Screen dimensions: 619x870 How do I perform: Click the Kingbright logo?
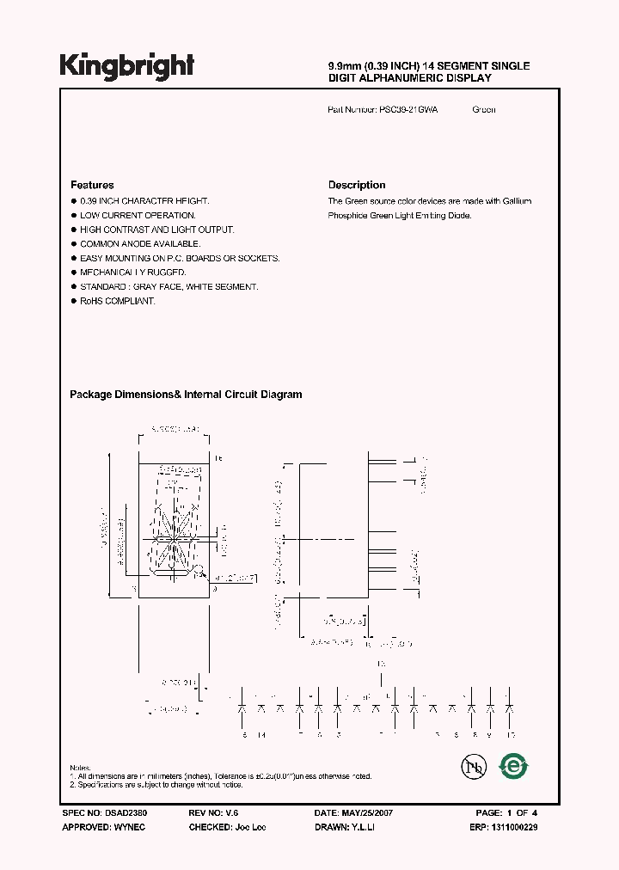coord(126,65)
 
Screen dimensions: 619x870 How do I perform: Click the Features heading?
coord(92,185)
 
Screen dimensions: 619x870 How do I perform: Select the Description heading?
coord(357,185)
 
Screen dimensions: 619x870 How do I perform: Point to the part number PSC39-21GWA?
coord(408,110)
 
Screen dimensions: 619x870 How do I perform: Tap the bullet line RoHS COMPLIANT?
coord(117,302)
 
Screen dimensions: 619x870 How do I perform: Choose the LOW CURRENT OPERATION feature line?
coord(138,215)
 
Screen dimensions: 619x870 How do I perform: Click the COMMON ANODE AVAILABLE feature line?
coord(143,244)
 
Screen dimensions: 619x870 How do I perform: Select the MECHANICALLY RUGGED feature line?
coord(132,273)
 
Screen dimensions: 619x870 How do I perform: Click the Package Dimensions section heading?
coord(186,395)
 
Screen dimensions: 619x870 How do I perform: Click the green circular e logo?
coord(514,765)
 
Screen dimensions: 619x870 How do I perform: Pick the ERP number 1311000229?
coord(515,826)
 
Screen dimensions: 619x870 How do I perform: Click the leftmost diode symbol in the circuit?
coord(243,708)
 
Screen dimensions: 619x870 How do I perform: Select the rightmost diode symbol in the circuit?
coord(510,708)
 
